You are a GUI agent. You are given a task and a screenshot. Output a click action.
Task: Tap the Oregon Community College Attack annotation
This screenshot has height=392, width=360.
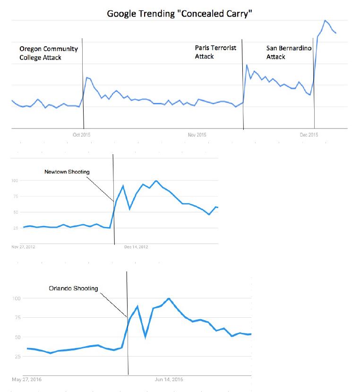point(49,53)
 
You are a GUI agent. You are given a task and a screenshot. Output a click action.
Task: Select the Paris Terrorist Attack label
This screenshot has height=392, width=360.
point(216,52)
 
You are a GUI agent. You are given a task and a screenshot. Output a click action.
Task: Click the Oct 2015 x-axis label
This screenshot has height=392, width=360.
point(81,135)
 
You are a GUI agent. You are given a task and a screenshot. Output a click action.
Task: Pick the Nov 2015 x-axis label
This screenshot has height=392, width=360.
point(197,135)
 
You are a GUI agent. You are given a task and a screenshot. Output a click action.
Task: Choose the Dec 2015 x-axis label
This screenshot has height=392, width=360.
point(309,135)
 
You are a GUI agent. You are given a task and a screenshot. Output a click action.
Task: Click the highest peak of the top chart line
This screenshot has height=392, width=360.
point(325,21)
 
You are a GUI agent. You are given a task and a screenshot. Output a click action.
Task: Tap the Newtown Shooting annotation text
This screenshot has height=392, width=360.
point(67,172)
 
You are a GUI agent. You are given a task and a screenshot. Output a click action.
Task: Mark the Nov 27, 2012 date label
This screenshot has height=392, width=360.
point(23,246)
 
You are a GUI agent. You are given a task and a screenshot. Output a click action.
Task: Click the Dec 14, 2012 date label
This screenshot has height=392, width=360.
point(136,246)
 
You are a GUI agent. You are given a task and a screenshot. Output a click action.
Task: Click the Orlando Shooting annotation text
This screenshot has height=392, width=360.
point(73,288)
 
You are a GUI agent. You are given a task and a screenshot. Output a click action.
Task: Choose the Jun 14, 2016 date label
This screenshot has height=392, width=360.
point(169,379)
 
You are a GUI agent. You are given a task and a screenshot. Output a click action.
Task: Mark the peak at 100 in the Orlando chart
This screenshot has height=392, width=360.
point(169,298)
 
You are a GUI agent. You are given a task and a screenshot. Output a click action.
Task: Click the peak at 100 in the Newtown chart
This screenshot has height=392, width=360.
point(156,181)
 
